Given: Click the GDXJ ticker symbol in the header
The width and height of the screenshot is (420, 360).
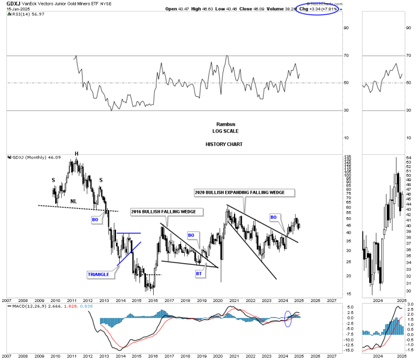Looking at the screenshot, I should tap(13, 3).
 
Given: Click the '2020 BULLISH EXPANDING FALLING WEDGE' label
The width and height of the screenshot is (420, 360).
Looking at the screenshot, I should tap(244, 193).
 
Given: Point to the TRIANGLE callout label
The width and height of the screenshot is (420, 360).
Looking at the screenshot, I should tap(98, 274).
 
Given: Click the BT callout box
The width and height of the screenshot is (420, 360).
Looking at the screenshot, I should tap(200, 273).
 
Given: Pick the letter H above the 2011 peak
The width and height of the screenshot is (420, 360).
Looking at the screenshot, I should tap(77, 153).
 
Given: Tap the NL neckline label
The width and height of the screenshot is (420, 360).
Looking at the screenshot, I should tap(73, 201).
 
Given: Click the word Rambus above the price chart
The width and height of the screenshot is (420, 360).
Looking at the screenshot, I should tap(226, 124).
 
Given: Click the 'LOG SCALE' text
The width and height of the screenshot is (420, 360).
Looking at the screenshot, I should tap(226, 131).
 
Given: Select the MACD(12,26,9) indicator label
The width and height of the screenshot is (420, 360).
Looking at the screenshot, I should tap(27, 306).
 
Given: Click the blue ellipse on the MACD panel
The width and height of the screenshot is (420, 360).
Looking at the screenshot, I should tap(289, 319).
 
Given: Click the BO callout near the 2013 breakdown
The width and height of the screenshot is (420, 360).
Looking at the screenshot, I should tap(94, 219).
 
